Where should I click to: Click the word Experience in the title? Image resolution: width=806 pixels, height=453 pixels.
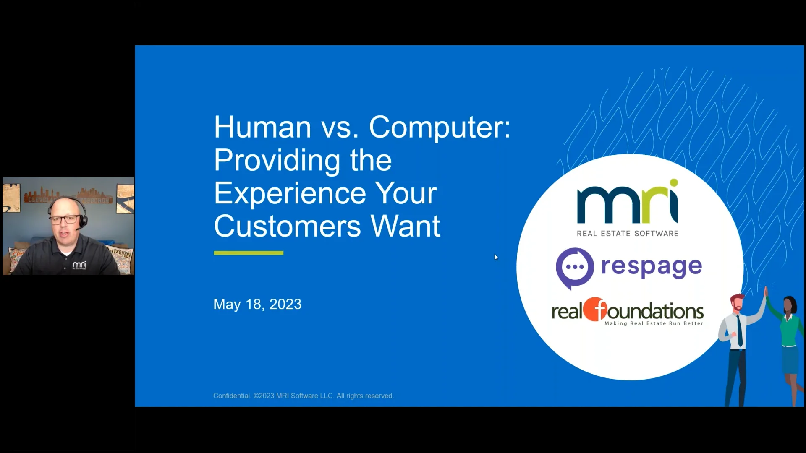click(290, 194)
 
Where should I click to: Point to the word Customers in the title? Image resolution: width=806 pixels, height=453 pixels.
click(287, 226)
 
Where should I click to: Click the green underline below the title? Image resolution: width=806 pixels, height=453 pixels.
click(249, 253)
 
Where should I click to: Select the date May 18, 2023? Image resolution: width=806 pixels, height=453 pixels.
click(257, 304)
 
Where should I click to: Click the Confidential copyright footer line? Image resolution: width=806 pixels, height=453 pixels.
click(303, 396)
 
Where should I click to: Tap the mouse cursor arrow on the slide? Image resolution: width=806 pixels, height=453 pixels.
click(496, 257)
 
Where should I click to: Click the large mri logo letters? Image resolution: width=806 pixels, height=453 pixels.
click(627, 203)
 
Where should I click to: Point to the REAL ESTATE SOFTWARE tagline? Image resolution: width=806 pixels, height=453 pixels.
click(627, 234)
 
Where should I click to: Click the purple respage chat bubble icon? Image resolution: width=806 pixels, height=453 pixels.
click(575, 268)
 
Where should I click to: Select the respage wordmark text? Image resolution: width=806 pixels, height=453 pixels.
click(651, 267)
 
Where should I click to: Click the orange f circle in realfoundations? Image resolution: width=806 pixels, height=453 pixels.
click(595, 310)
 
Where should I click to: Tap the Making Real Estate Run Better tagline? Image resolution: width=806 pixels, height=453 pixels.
click(654, 323)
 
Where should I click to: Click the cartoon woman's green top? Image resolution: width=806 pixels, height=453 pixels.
click(790, 331)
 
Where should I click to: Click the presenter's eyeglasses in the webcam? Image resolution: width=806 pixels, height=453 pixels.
click(65, 219)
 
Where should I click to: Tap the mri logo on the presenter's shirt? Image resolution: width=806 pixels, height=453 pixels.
click(79, 265)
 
